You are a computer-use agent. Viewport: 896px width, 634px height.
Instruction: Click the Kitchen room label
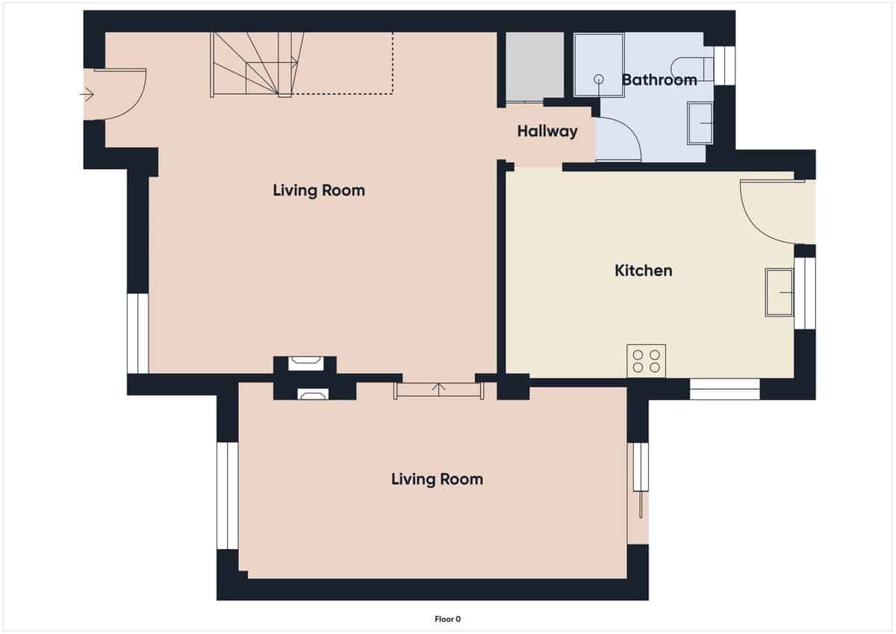pos(643,270)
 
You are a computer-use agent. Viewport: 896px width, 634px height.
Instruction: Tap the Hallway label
pos(547,131)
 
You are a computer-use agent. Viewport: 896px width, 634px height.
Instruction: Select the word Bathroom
pos(659,79)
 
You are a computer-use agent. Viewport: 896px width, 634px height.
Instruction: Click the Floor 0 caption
pos(448,618)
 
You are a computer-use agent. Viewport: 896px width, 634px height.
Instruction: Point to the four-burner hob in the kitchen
pos(646,361)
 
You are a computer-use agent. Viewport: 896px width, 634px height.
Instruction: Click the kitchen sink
pos(779,292)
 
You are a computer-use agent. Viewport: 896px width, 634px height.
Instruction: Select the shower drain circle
pos(598,78)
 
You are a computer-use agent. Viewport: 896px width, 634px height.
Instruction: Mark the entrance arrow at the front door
pos(87,94)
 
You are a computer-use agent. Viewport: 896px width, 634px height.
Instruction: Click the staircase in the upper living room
pos(258,64)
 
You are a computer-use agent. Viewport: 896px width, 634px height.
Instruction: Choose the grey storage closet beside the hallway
pos(535,66)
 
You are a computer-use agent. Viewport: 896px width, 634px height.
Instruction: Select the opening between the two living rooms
pos(439,389)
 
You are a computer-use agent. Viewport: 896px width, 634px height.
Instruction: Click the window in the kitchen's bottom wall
pos(724,389)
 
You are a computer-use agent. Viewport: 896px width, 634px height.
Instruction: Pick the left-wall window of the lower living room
pos(227,495)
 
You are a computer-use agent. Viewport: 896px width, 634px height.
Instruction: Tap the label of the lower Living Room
pos(437,479)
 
